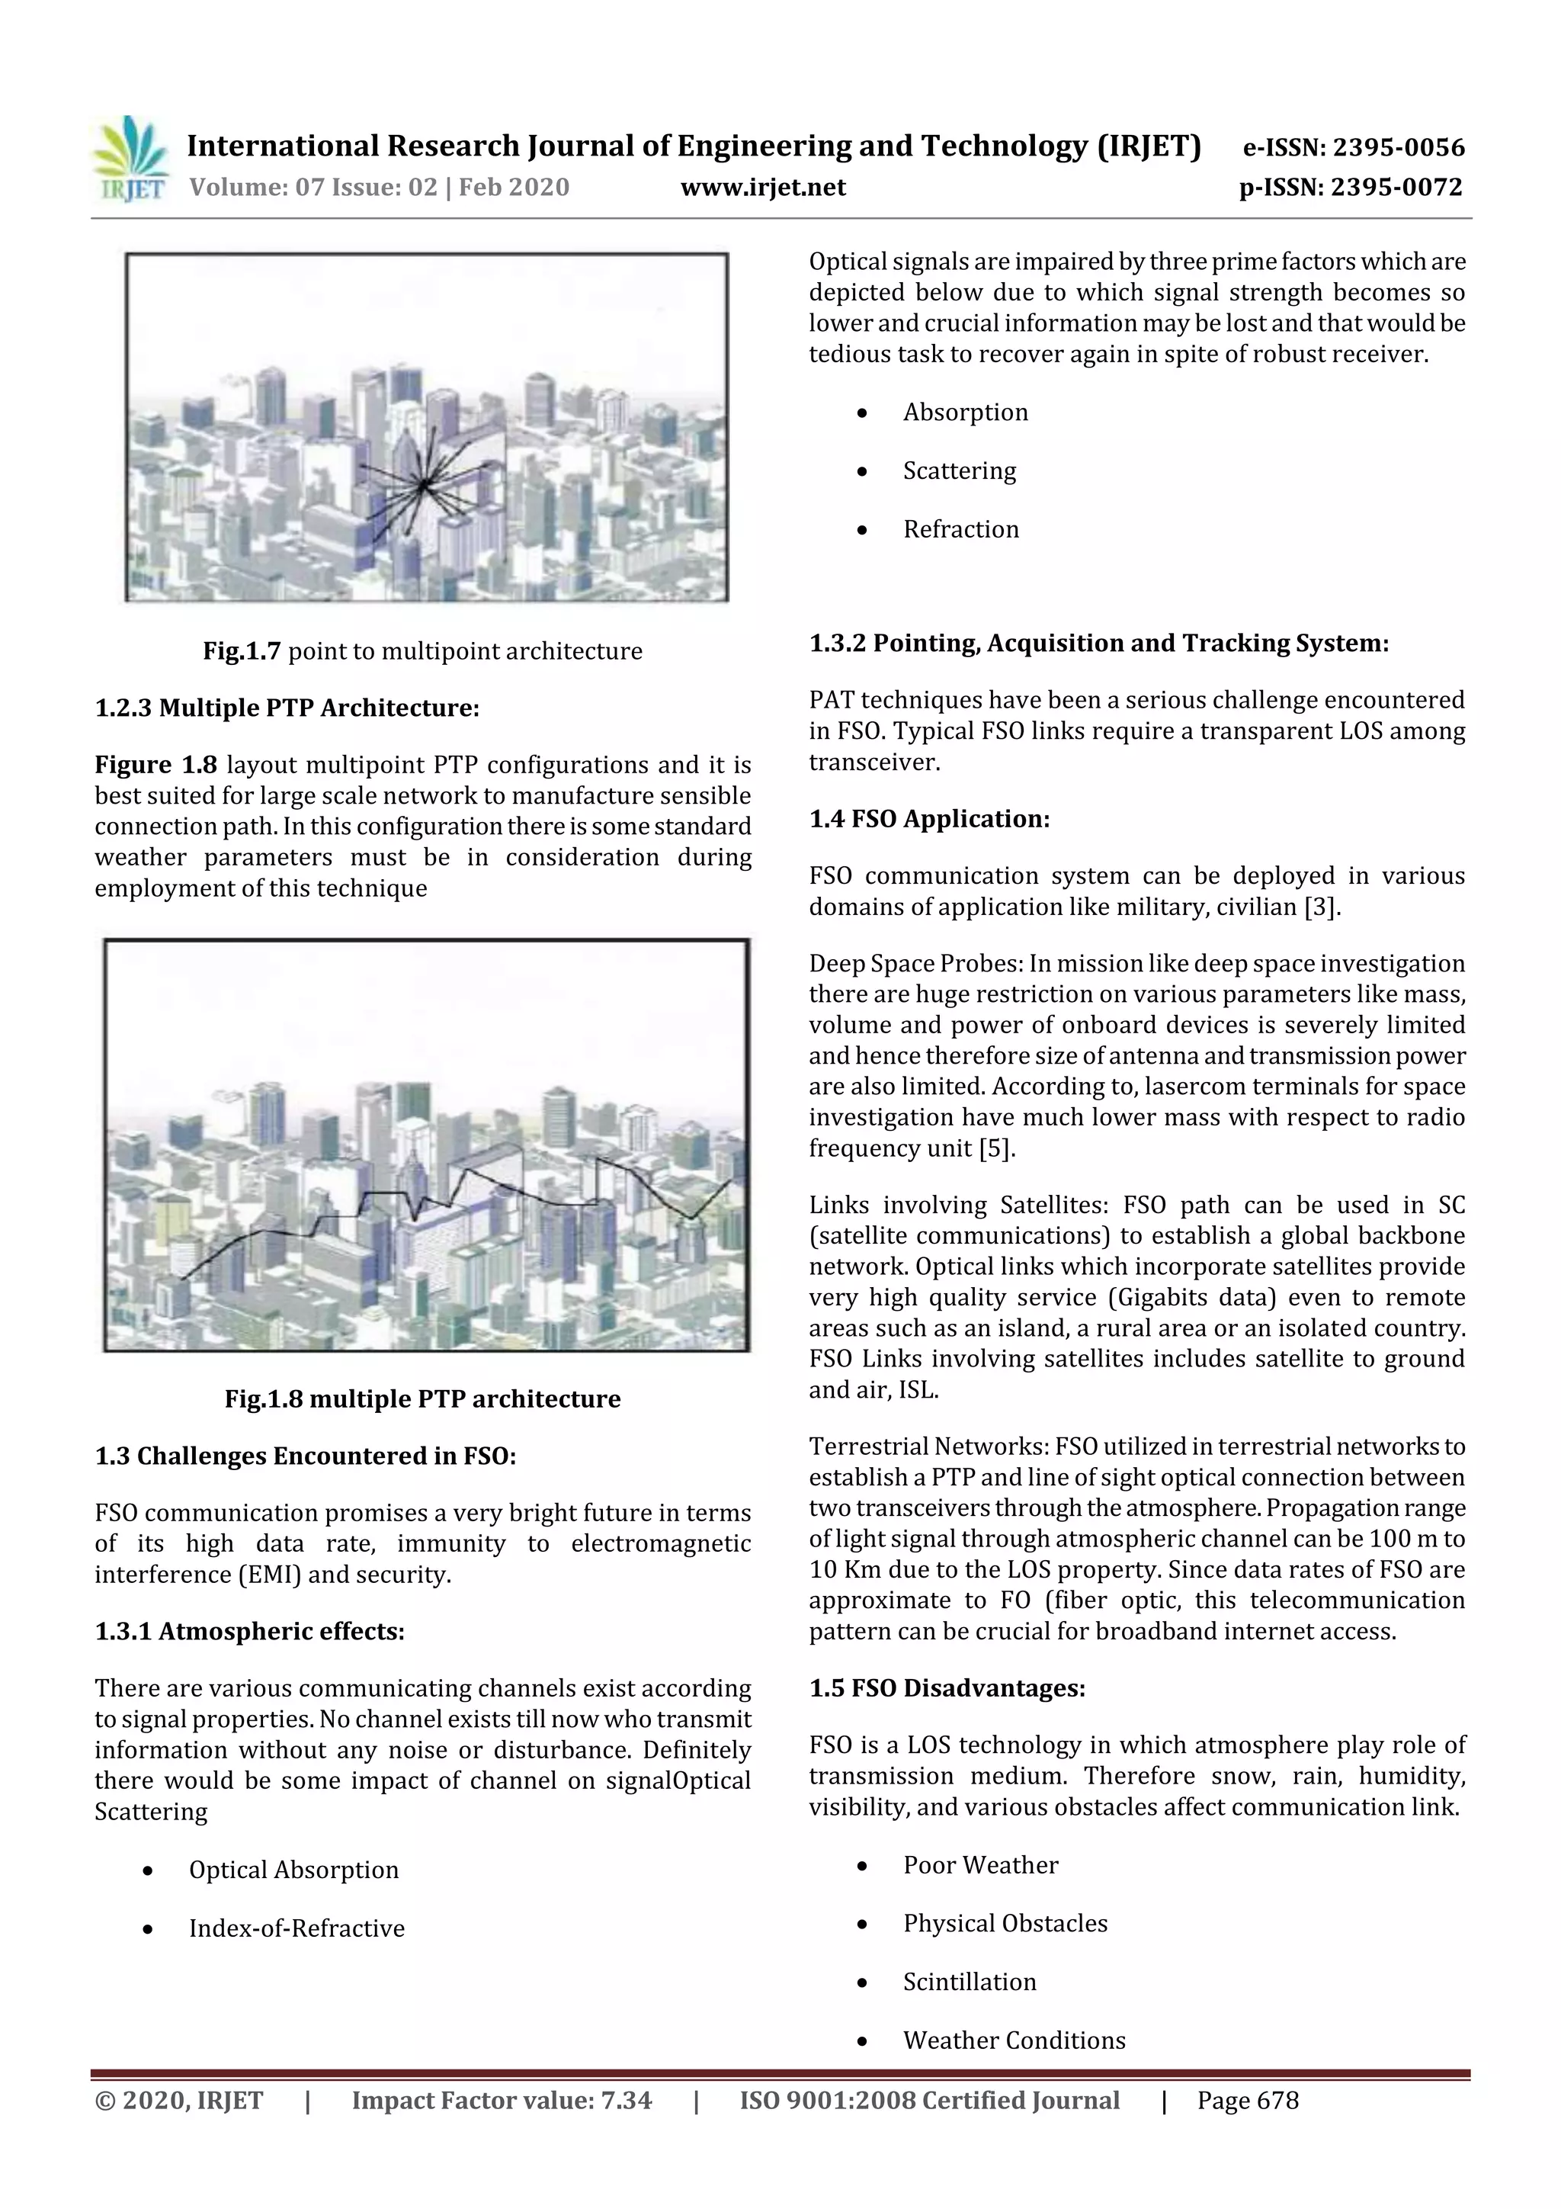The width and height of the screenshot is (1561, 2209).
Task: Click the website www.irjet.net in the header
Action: (763, 187)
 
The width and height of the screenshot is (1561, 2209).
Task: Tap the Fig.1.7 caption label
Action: (240, 651)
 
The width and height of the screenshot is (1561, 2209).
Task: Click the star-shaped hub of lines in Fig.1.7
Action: (423, 486)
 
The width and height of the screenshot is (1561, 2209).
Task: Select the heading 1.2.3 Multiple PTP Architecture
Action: (287, 708)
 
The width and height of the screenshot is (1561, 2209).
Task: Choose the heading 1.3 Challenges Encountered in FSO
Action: (305, 1456)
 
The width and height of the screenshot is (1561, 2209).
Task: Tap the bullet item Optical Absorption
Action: (293, 1870)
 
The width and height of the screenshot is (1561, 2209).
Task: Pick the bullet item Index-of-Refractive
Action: (296, 1928)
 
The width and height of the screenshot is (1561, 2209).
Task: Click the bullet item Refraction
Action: (960, 529)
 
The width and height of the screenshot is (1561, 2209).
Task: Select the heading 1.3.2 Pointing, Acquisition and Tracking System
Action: (1098, 643)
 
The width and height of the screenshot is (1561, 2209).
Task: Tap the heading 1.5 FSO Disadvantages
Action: (947, 1688)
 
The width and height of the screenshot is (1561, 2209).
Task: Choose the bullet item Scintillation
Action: (969, 1982)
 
